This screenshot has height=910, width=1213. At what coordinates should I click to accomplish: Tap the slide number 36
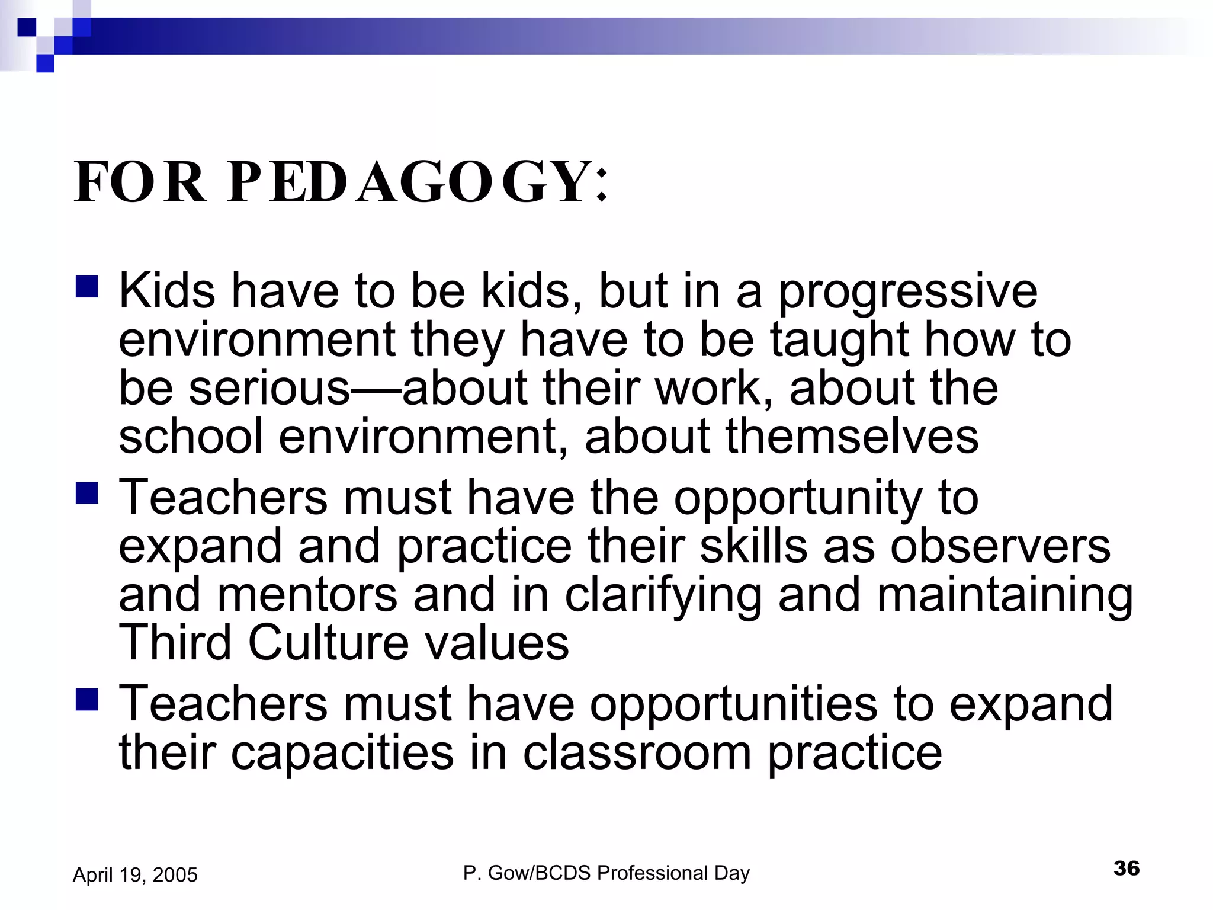point(1126,869)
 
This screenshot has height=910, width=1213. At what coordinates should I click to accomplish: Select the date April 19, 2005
point(135,875)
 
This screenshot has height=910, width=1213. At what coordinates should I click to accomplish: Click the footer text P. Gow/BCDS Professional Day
point(606,873)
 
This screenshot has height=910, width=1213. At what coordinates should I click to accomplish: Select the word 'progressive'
point(907,293)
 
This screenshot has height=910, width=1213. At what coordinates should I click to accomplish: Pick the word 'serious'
point(270,389)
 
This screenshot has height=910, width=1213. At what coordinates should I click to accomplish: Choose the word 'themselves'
point(852,437)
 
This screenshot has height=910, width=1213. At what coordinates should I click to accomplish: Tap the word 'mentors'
point(307,595)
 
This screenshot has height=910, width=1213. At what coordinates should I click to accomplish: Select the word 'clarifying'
point(663,596)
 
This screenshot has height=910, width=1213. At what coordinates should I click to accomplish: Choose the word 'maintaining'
point(1005,596)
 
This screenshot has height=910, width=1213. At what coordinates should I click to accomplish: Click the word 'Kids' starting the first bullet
point(167,291)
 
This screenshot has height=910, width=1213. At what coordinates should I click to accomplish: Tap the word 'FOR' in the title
point(140,182)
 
